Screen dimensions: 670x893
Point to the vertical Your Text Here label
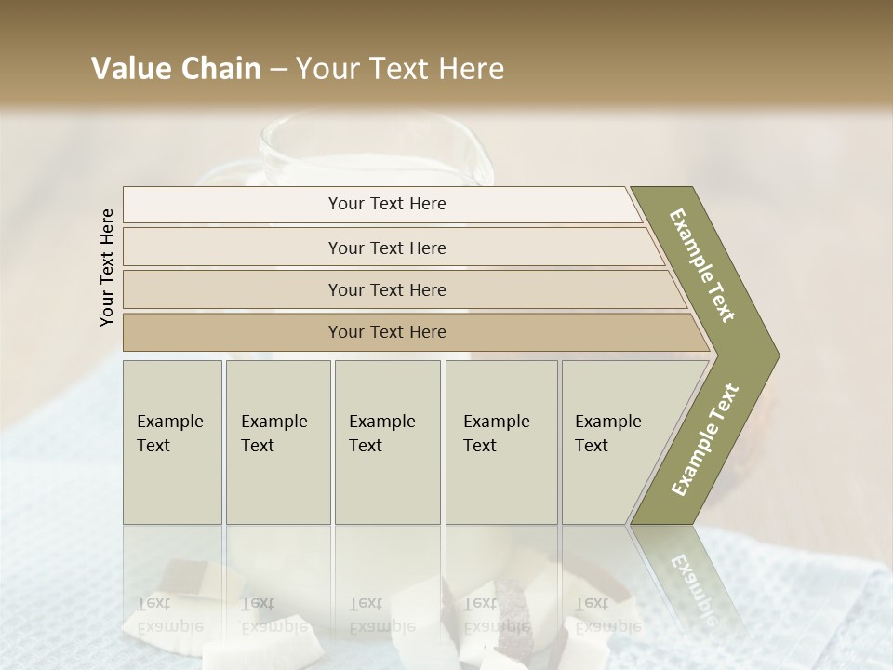point(107,267)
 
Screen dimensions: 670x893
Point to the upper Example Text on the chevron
point(702,265)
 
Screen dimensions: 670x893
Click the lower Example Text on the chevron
point(704,440)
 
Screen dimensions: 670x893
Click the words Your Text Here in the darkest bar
point(387,332)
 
